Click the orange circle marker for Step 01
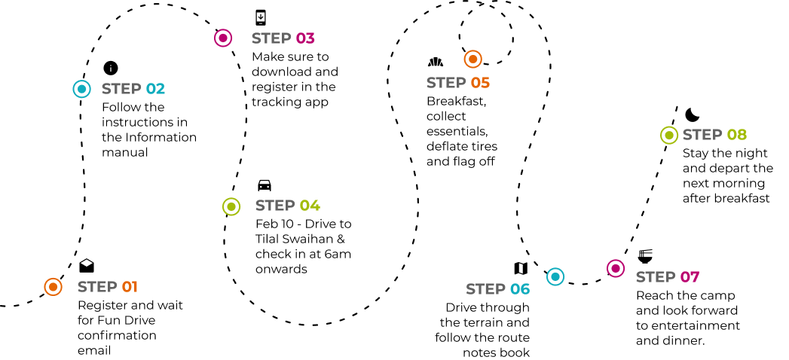click(x=53, y=287)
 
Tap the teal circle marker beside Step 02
click(x=81, y=89)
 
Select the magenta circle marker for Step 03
click(x=223, y=38)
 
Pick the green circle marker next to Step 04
click(x=231, y=206)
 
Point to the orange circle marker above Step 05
click(x=472, y=59)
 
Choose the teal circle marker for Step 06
click(x=555, y=277)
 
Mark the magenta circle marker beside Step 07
click(x=616, y=269)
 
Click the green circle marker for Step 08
click(x=669, y=136)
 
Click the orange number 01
click(x=130, y=287)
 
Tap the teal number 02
click(x=155, y=89)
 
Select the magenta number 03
click(x=305, y=38)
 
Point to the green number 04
click(x=310, y=206)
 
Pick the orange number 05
click(x=480, y=83)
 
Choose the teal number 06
click(x=520, y=289)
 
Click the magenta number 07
click(x=690, y=277)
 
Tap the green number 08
click(x=737, y=135)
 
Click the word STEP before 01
click(x=97, y=287)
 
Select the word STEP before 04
click(x=275, y=206)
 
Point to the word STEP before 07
click(x=656, y=277)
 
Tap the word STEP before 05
click(x=446, y=83)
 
